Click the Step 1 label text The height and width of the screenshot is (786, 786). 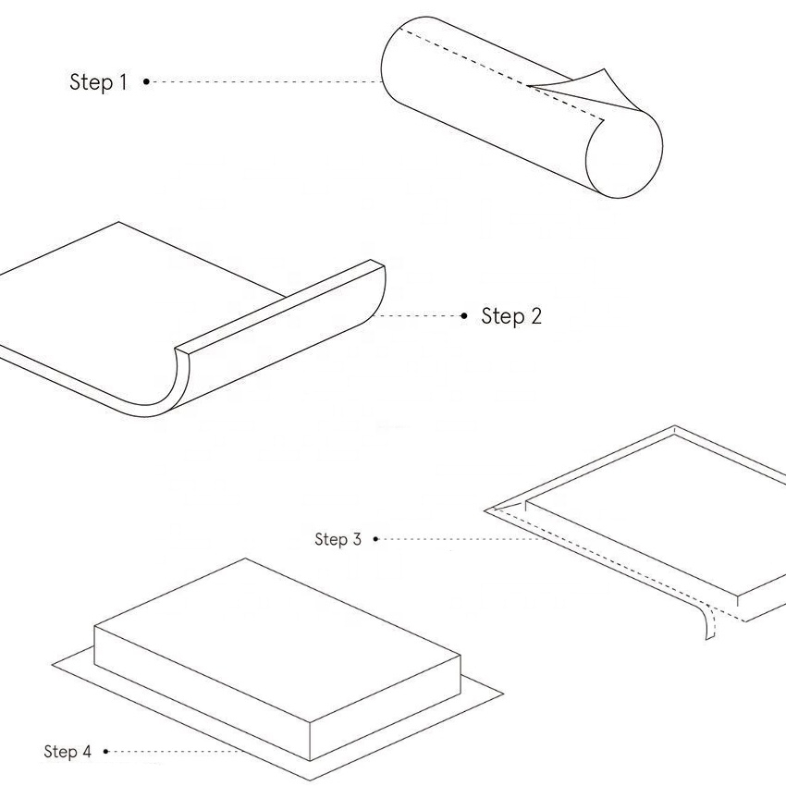pos(98,82)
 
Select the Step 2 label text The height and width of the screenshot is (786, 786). pos(511,316)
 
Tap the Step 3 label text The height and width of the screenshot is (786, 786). pos(338,539)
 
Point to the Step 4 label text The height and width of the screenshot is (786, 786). pos(68,751)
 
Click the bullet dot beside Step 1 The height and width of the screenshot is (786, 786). pos(146,82)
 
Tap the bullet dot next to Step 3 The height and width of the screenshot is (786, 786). pos(375,539)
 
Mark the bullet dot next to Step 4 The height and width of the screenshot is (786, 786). pos(106,751)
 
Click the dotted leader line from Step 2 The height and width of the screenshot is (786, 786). pos(421,316)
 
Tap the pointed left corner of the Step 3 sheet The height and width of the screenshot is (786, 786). pos(488,509)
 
